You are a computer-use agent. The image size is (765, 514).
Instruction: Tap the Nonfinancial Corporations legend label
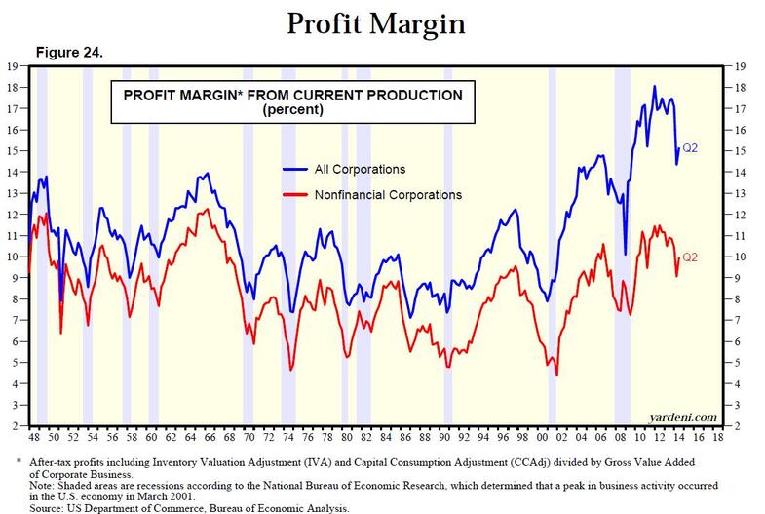388,195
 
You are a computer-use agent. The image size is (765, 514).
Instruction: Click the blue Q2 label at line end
691,148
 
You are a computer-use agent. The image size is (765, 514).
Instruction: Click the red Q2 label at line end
690,257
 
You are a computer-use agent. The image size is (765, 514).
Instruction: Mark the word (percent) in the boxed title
291,111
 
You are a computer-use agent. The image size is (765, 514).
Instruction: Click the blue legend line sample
295,170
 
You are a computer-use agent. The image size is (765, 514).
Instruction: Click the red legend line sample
295,195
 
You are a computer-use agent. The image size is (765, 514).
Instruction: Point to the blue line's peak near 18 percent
654,87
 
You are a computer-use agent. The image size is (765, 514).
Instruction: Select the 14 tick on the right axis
742,173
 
